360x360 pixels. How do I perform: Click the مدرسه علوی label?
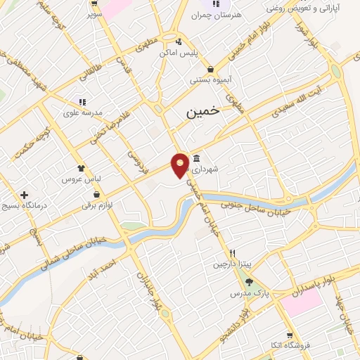click(x=83, y=112)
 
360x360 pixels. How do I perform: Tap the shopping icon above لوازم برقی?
click(x=96, y=195)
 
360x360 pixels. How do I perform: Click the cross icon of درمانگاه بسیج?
click(x=25, y=195)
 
